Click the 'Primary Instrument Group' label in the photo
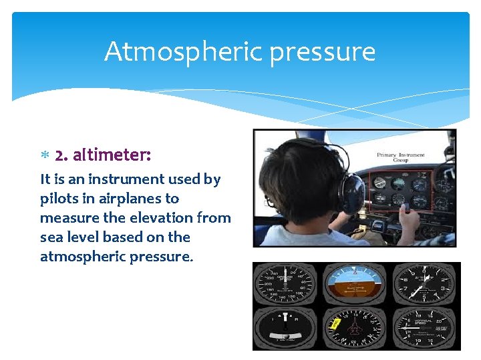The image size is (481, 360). (x=400, y=157)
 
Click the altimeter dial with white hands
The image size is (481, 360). (x=424, y=285)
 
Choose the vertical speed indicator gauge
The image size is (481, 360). (x=424, y=327)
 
